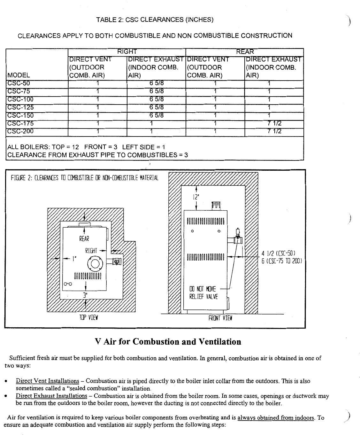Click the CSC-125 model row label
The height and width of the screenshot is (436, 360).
[20, 107]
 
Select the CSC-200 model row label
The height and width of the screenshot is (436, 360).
[20, 131]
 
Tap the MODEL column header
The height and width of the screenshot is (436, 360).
[19, 76]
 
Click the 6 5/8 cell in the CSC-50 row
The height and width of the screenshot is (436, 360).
[156, 83]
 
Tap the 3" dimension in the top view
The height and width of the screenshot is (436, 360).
[85, 295]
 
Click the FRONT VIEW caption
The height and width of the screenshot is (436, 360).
[220, 318]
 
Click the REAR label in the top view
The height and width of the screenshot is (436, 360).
[84, 239]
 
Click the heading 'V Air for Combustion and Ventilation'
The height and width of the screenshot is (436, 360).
[168, 342]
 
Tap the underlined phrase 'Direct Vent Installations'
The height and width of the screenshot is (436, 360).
[47, 381]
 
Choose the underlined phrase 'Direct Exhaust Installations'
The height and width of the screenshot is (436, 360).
[51, 396]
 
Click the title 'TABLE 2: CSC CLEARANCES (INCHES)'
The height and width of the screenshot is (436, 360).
[155, 20]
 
